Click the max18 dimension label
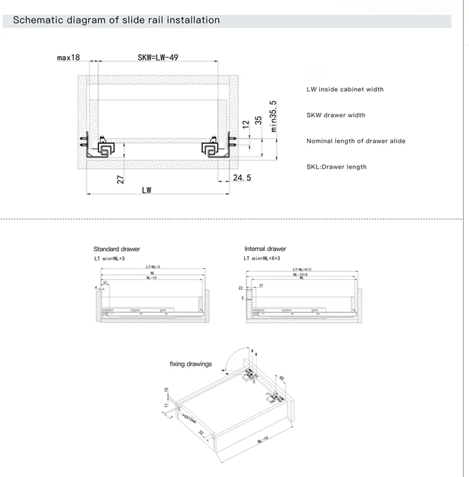pos(68,57)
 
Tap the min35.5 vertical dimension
pos(274,116)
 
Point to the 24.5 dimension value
pos(242,178)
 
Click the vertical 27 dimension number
pos(121,180)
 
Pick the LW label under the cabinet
pos(147,190)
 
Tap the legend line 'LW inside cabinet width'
pos(345,89)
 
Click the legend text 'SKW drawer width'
pos(335,115)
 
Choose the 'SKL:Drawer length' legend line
pos(336,167)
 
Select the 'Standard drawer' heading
pos(116,249)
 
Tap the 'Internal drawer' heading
pos(265,249)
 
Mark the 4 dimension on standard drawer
pos(95,287)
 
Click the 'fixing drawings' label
pos(191,364)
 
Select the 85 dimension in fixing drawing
pos(282,377)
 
